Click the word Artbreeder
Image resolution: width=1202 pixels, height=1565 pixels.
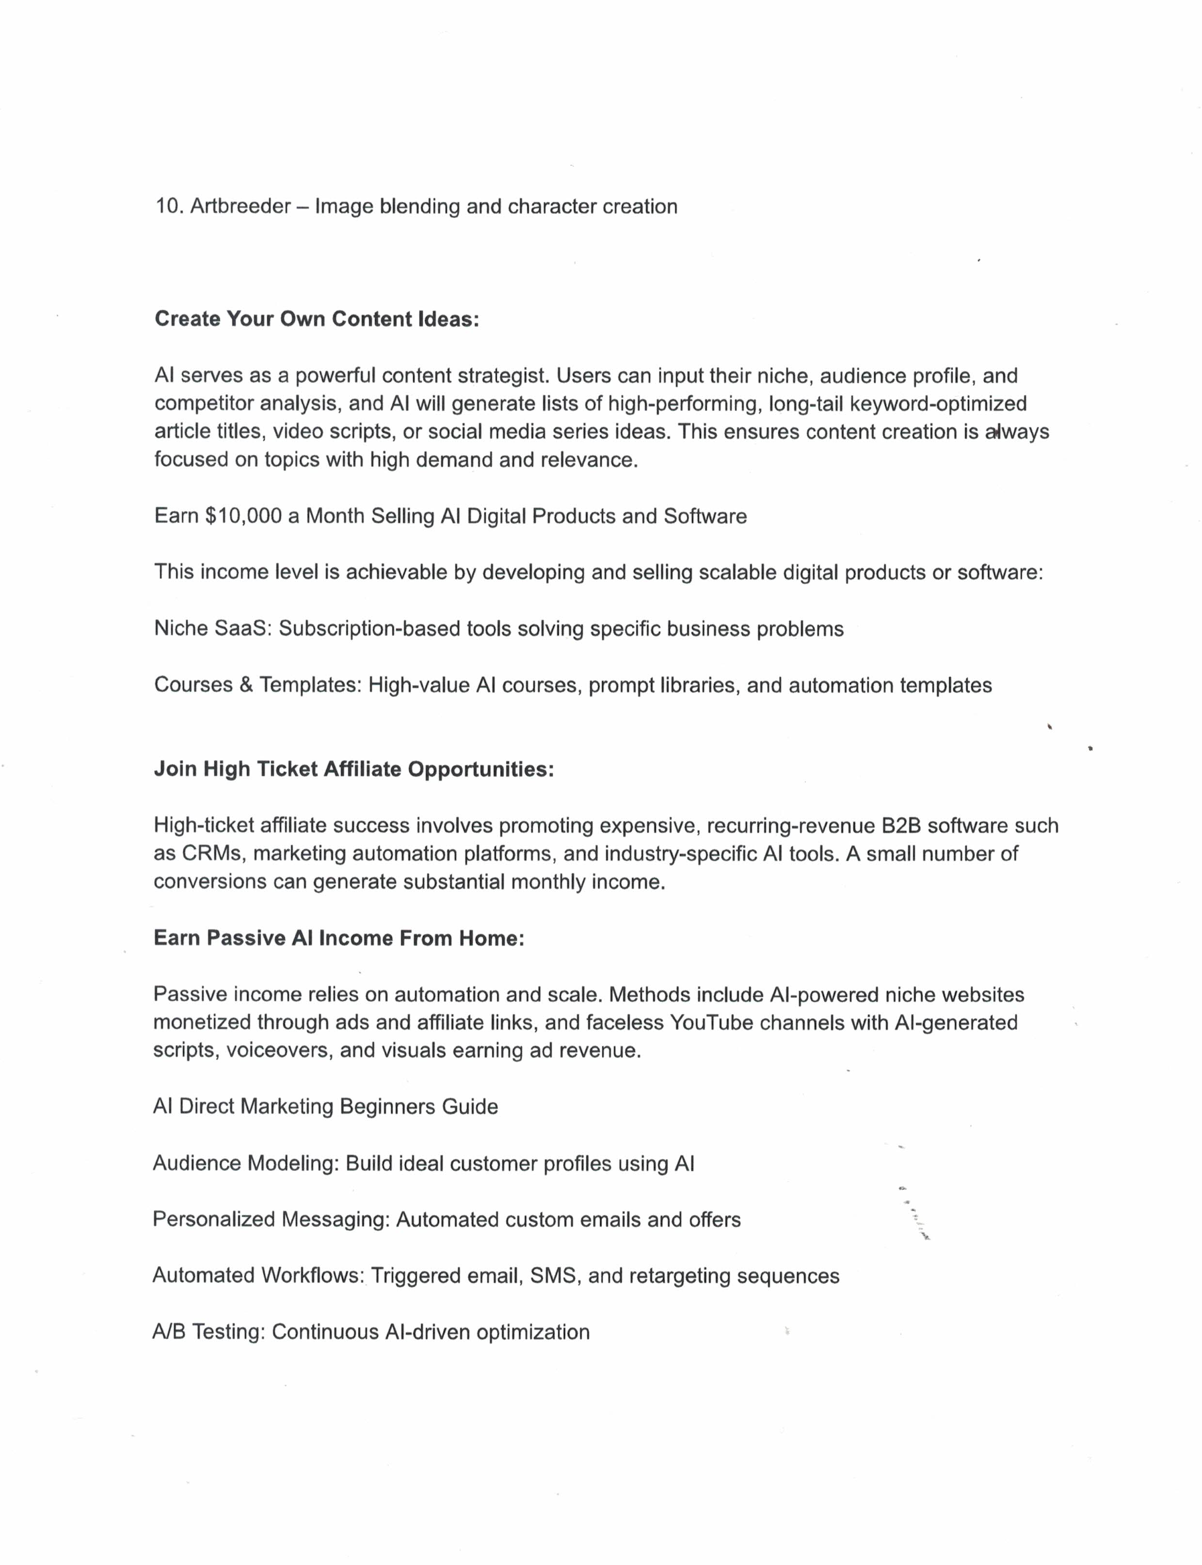pos(240,206)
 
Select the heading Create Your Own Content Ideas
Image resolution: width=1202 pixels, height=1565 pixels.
pos(316,319)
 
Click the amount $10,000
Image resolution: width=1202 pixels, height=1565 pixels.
pos(243,517)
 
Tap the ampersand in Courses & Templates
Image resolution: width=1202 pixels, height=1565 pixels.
pos(246,685)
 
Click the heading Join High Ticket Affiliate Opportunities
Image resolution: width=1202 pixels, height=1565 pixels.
pos(353,770)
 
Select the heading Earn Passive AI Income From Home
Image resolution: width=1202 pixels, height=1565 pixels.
pos(338,938)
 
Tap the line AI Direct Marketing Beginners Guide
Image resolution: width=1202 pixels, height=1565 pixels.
pos(325,1107)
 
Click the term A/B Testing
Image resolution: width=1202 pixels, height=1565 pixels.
pos(209,1332)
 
